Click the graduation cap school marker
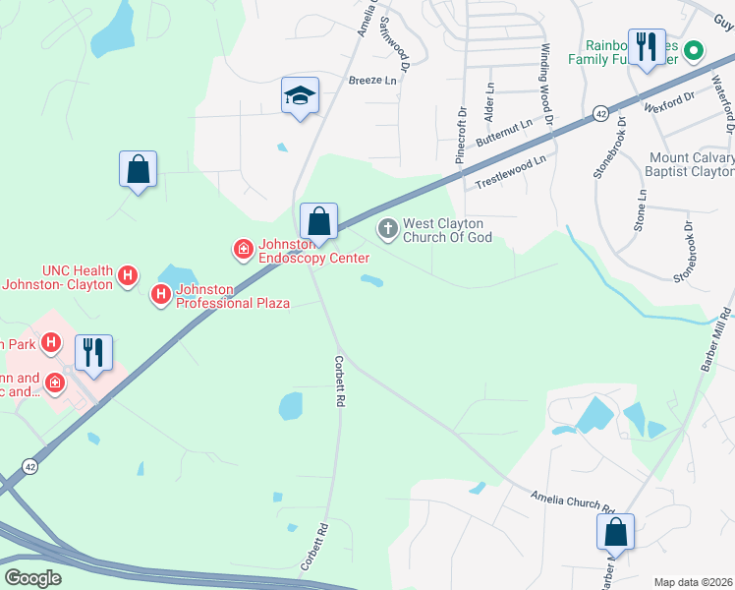point(300,96)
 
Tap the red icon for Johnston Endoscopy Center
point(242,251)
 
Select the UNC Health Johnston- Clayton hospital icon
point(126,277)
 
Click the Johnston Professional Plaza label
point(232,295)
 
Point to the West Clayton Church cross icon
point(388,230)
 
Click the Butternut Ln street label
point(503,134)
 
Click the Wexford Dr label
point(669,99)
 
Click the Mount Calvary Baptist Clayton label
point(691,164)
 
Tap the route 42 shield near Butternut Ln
point(597,113)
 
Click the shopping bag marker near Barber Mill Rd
point(615,533)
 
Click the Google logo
point(33,577)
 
